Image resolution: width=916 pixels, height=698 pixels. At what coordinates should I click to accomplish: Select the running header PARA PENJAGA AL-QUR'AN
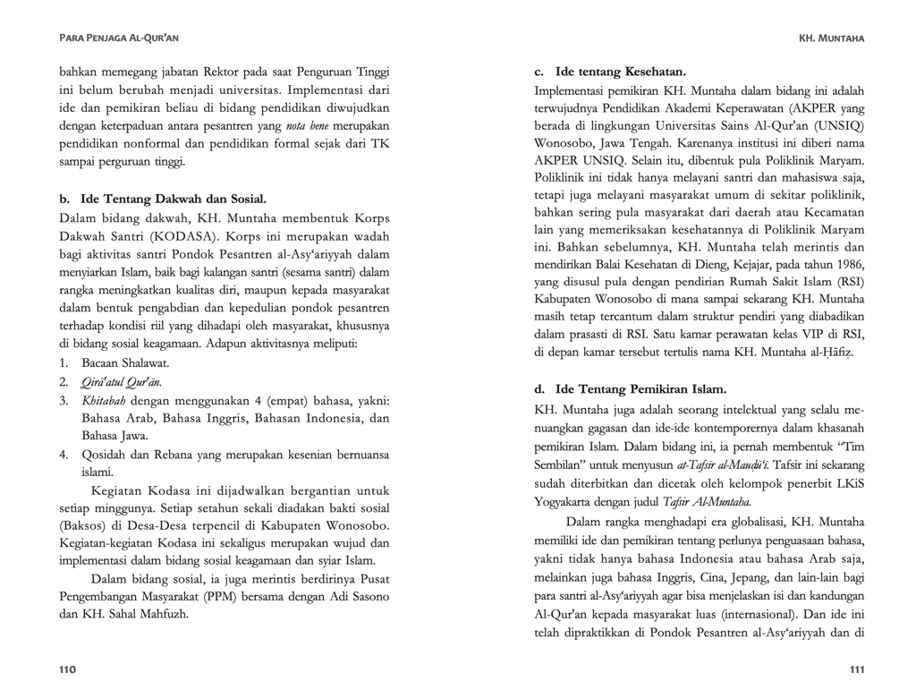coord(118,38)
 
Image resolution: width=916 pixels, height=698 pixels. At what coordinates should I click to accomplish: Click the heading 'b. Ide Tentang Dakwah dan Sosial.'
coord(163,199)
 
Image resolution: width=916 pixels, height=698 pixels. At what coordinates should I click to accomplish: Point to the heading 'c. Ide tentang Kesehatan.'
coord(610,71)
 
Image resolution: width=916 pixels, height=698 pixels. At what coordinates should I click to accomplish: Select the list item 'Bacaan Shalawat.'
coord(125,363)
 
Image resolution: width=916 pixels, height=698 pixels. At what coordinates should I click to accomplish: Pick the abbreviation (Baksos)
coord(83,527)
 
